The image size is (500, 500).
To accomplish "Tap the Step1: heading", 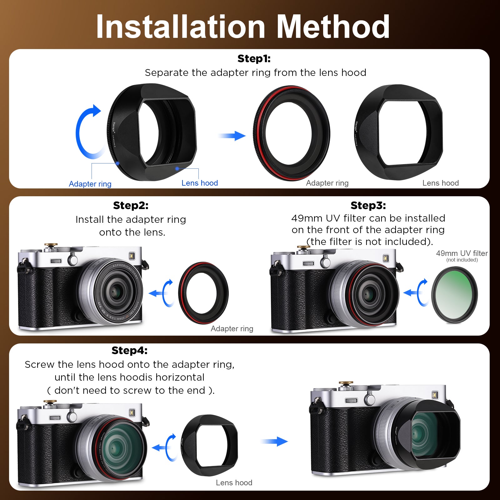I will pos(254,59).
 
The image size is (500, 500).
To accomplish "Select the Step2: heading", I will pos(131,206).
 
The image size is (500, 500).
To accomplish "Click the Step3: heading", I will pos(368,206).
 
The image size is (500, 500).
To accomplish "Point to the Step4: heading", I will pos(129,351).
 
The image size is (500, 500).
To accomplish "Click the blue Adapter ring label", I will pos(90,184).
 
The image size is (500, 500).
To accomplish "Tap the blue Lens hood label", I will pos(200,183).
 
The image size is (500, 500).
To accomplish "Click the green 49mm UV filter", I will pos(454,295).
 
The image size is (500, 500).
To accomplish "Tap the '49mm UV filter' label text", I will pos(462,253).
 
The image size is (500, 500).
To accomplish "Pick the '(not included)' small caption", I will pos(462,260).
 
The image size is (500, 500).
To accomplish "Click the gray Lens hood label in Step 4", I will pos(234,483).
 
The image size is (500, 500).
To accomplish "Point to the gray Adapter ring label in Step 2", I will pos(232,329).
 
